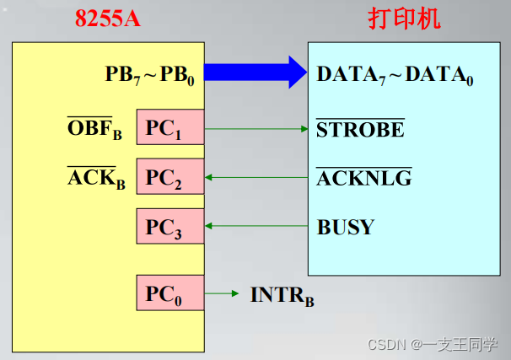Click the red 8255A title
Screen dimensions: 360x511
(108, 19)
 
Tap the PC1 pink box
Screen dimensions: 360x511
(169, 129)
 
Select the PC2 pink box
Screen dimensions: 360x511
(169, 178)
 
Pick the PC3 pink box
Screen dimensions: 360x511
(169, 226)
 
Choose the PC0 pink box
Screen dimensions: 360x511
(169, 293)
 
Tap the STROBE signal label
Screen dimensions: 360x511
(360, 130)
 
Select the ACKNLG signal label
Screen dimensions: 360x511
(363, 179)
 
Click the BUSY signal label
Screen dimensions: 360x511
(346, 227)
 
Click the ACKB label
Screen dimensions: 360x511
(94, 179)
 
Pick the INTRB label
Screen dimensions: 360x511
(282, 296)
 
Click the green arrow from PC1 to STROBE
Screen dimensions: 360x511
(256, 129)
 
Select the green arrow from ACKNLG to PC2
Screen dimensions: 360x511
(256, 177)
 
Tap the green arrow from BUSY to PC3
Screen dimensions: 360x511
(256, 226)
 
